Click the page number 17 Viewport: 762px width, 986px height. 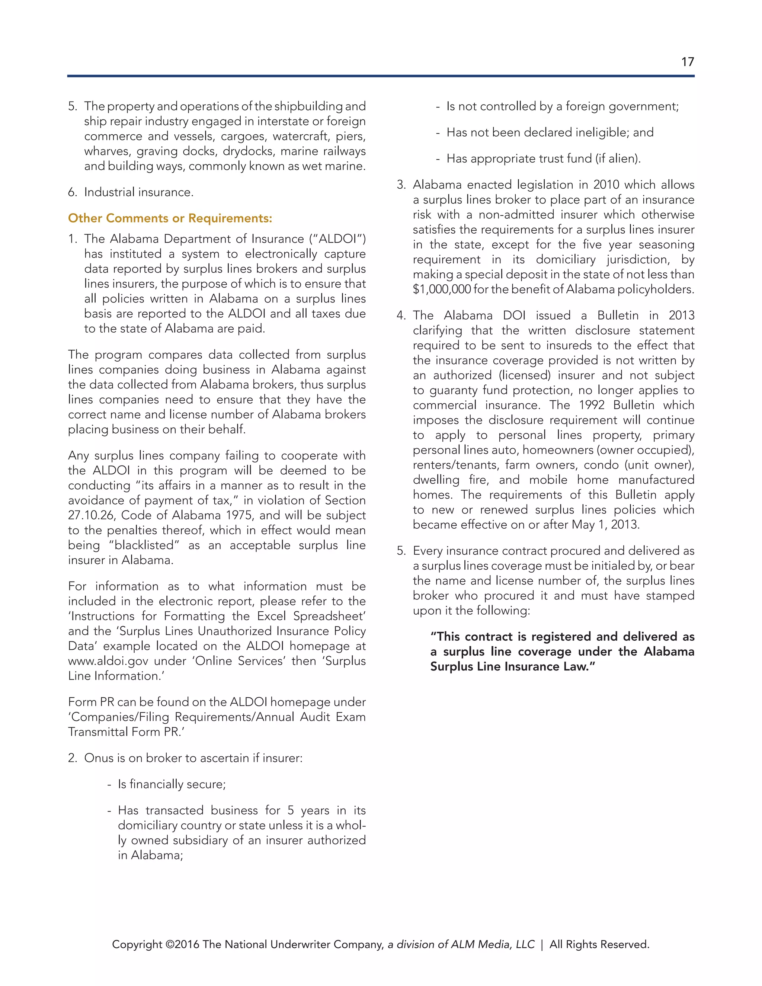[687, 62]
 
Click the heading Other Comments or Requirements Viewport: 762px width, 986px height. [170, 218]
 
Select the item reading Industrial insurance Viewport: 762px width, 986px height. [138, 192]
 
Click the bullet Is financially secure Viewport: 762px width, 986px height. [172, 784]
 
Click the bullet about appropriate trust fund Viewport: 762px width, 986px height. [543, 159]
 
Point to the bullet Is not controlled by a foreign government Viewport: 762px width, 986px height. [562, 106]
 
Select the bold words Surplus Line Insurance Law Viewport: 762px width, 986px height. [512, 667]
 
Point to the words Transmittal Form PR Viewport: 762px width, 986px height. [125, 732]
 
